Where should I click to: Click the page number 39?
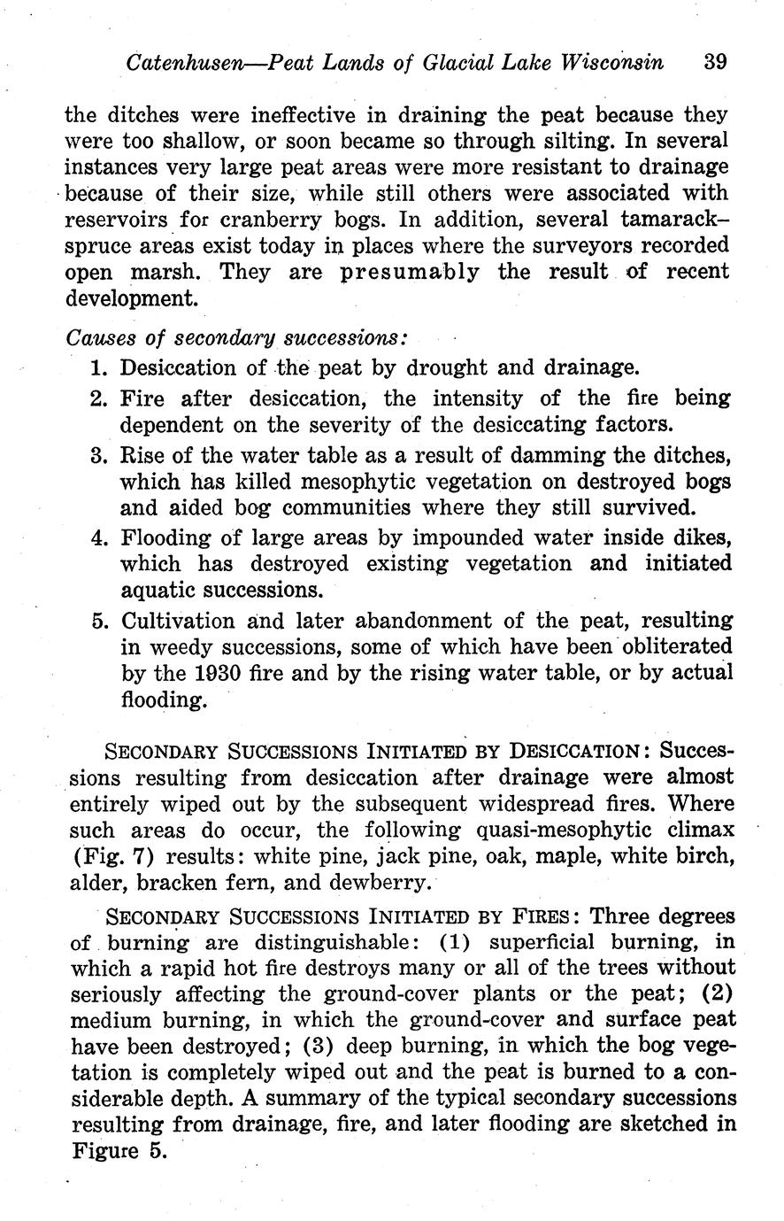coord(715,63)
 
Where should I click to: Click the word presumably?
coord(410,271)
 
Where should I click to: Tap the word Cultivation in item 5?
coord(177,620)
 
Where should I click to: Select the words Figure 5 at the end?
coord(116,1151)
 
